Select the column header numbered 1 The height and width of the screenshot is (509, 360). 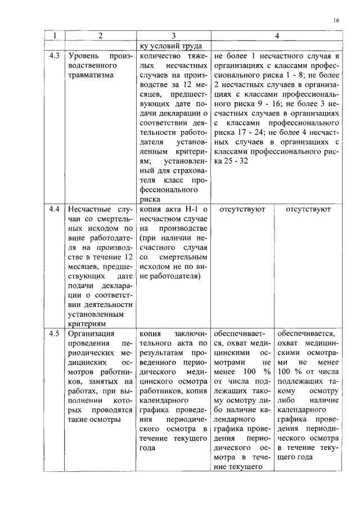(x=54, y=36)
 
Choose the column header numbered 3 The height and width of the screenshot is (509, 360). (x=174, y=36)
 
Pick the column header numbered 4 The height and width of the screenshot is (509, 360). (x=277, y=36)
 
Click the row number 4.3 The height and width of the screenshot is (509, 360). (x=54, y=57)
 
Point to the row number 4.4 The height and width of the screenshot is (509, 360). (x=54, y=209)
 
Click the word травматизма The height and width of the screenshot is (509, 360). (x=91, y=74)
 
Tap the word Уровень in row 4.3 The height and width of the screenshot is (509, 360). (x=83, y=57)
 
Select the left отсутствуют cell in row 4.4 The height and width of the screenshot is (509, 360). (x=242, y=209)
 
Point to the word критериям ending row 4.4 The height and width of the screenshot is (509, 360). (x=86, y=323)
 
